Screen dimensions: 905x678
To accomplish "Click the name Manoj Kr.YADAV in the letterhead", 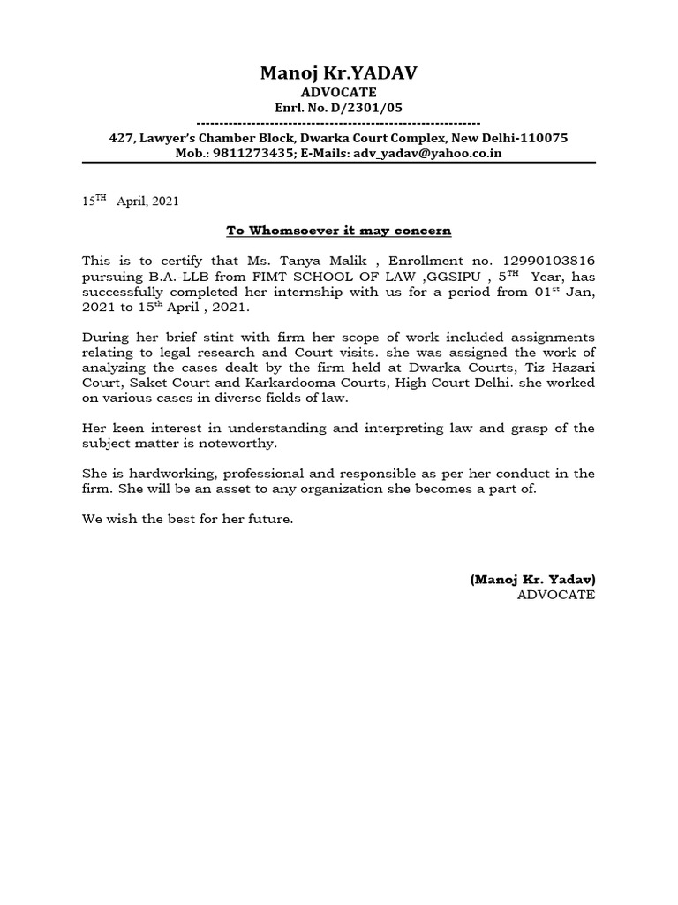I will pyautogui.click(x=338, y=74).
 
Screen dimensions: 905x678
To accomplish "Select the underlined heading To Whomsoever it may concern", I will pyautogui.click(x=338, y=231).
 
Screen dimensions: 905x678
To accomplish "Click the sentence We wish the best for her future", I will pyautogui.click(x=187, y=519).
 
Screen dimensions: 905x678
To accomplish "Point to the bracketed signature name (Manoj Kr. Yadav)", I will pyautogui.click(x=532, y=579).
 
